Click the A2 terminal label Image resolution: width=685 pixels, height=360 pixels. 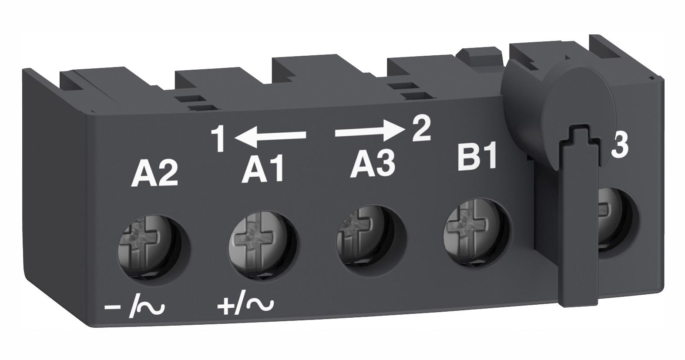(x=154, y=174)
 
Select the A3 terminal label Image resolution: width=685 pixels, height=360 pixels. (x=373, y=165)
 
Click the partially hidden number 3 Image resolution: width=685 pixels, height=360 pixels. (x=619, y=148)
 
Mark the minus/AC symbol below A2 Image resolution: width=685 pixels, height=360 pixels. (x=134, y=308)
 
